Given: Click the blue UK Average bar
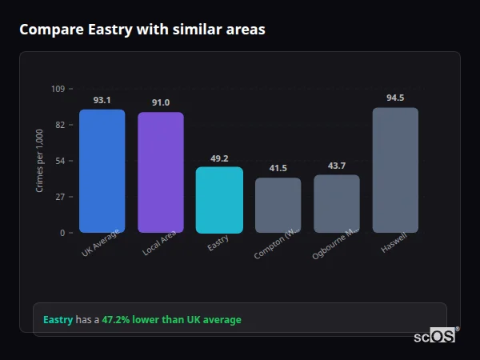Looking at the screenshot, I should (102, 171).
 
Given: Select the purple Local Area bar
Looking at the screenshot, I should (161, 173).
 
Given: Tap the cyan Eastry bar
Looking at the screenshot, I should (219, 200).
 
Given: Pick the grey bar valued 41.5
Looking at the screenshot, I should (278, 205).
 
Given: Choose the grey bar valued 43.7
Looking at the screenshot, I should (337, 203).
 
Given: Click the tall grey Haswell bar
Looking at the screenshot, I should (395, 170).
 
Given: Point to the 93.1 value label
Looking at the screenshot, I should (102, 100).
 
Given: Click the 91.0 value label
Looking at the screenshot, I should (161, 102).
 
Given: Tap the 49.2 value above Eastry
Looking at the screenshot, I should (219, 158).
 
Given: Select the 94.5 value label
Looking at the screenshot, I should (395, 98).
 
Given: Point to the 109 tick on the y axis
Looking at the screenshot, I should (58, 89).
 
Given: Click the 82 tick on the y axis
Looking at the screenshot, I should (59, 125).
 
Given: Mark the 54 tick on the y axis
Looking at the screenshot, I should (59, 161).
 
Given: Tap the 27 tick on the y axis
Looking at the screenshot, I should (59, 197).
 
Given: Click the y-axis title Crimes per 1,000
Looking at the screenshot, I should (40, 161).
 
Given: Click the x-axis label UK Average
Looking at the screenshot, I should (100, 243).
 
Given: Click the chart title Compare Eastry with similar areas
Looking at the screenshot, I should (142, 30).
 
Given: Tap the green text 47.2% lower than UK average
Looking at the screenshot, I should (171, 319).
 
